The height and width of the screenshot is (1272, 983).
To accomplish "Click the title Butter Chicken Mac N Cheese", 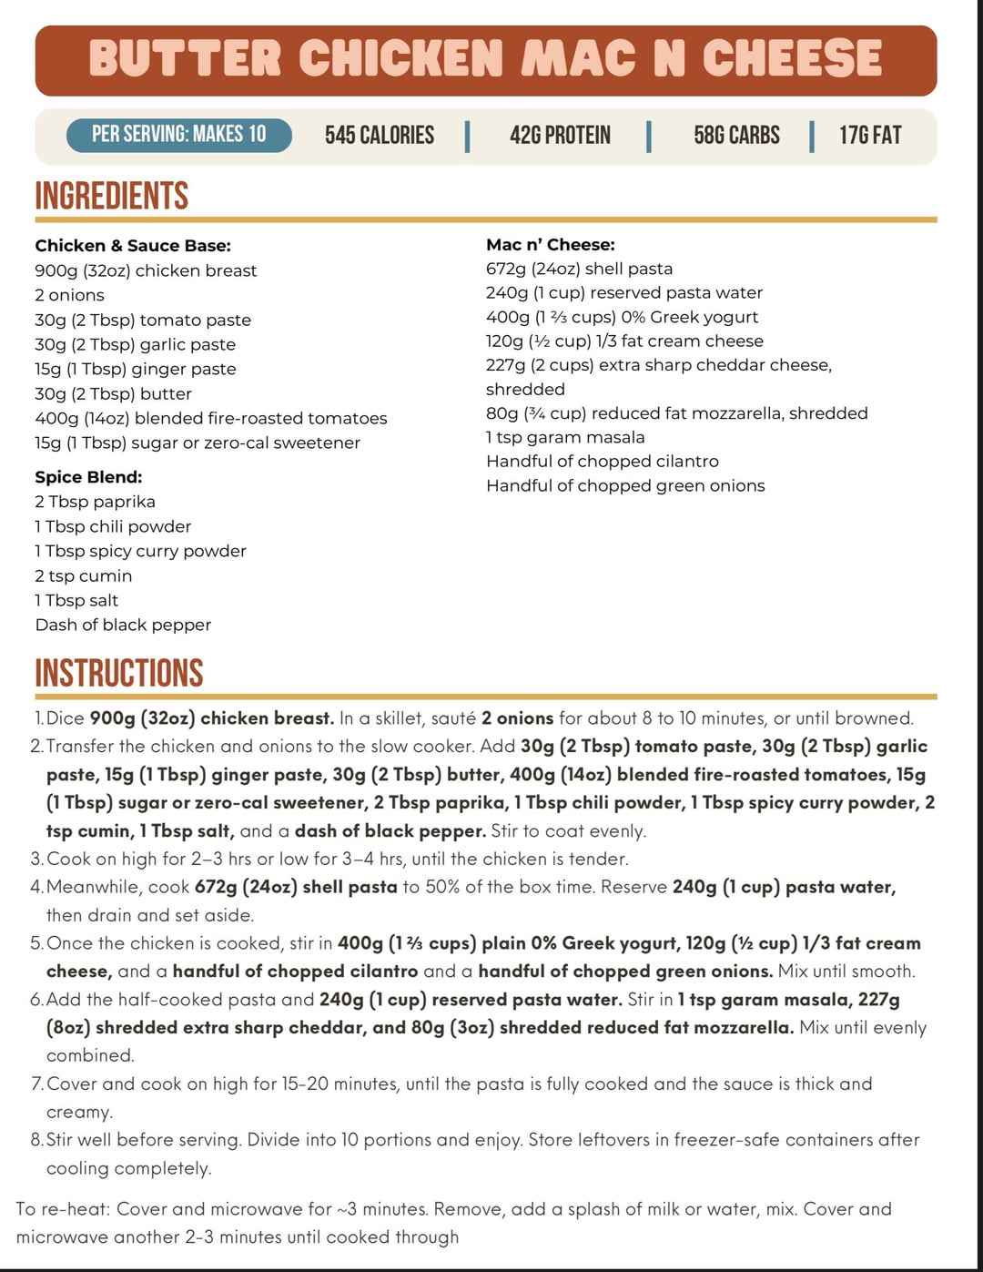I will pyautogui.click(x=485, y=59).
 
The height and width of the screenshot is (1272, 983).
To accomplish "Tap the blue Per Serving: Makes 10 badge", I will pyautogui.click(x=178, y=135).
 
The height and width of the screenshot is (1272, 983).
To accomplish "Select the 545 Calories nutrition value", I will pyautogui.click(x=380, y=136).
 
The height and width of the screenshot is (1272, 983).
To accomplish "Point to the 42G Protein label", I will pyautogui.click(x=560, y=136).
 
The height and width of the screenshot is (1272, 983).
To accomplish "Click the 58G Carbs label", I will pyautogui.click(x=736, y=136).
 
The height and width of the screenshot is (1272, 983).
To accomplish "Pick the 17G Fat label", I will pyautogui.click(x=870, y=136).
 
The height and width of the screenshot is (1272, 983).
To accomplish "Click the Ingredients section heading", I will pyautogui.click(x=112, y=196).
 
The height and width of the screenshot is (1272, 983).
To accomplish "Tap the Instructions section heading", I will pyautogui.click(x=119, y=673).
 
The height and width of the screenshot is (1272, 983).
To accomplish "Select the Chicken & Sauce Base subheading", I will pyautogui.click(x=133, y=246).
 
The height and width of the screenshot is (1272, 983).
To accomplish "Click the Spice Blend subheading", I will pyautogui.click(x=88, y=477).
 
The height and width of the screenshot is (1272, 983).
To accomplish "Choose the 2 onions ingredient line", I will pyautogui.click(x=69, y=295).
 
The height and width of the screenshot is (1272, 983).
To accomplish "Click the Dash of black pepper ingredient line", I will pyautogui.click(x=123, y=625).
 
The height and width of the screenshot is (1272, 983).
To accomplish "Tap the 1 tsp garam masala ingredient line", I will pyautogui.click(x=565, y=437).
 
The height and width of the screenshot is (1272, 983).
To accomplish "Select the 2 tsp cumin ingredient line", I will pyautogui.click(x=84, y=575).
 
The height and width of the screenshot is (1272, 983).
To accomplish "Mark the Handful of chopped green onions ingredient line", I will pyautogui.click(x=625, y=485).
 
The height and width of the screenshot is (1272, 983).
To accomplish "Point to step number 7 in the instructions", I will pyautogui.click(x=36, y=1084).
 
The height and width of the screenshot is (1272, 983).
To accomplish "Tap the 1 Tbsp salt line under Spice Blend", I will pyautogui.click(x=76, y=600).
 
